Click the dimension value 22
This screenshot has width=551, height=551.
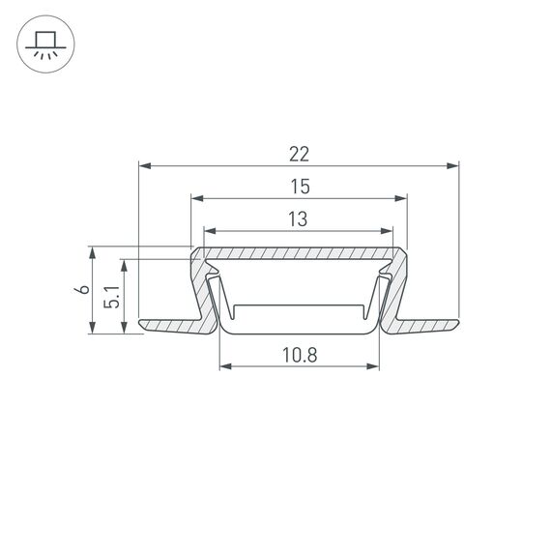click(299, 154)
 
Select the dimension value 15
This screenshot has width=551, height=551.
click(299, 186)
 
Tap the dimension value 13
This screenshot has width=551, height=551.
click(299, 219)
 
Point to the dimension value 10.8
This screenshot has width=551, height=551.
click(300, 354)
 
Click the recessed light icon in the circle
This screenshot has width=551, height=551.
click(43, 44)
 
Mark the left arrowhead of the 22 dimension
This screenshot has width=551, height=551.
click(145, 166)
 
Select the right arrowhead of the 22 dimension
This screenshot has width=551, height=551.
click(452, 166)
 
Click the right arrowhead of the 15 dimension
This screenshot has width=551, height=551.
click(401, 199)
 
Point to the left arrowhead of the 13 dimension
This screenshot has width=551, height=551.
click(209, 232)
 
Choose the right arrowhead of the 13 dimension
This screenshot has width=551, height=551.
click(389, 232)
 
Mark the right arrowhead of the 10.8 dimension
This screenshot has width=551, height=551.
click(373, 366)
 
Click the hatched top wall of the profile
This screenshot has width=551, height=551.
click(299, 254)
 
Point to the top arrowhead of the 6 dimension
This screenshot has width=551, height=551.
click(93, 252)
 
